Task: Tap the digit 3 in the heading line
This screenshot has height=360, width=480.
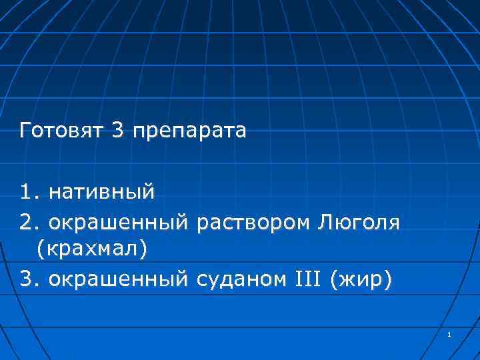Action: pos(118,131)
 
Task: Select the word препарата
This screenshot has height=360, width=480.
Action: pos(189,131)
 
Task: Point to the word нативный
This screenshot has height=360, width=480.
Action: pos(102,193)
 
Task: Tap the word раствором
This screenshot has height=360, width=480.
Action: pos(253,223)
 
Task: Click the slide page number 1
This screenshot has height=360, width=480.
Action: pos(450,333)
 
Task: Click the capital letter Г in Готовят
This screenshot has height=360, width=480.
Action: pos(25,131)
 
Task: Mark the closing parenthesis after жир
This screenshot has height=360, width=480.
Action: pos(389,279)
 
